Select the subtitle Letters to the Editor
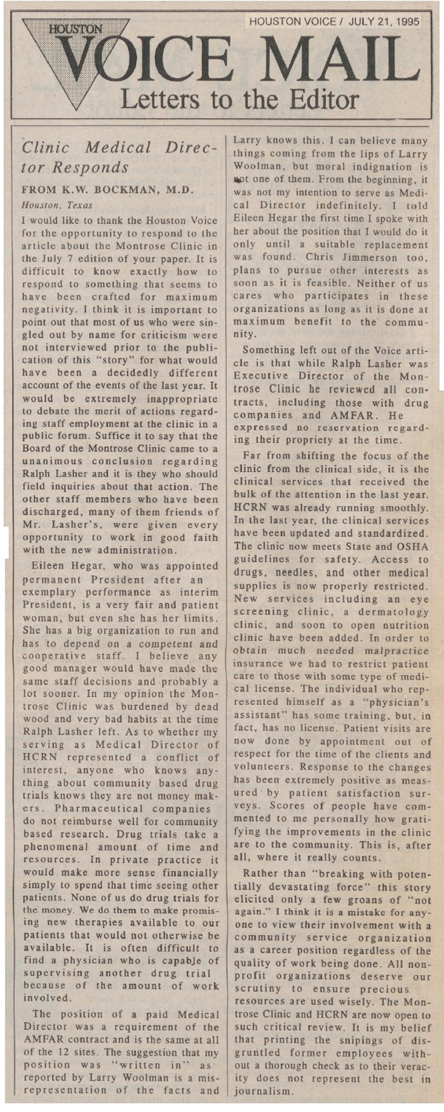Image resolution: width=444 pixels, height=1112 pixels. coord(240,98)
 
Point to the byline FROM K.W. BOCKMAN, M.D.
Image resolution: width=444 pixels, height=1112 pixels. coord(107,190)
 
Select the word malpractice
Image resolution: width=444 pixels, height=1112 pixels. coord(398,651)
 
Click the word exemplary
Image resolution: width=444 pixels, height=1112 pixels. coord(50,592)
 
